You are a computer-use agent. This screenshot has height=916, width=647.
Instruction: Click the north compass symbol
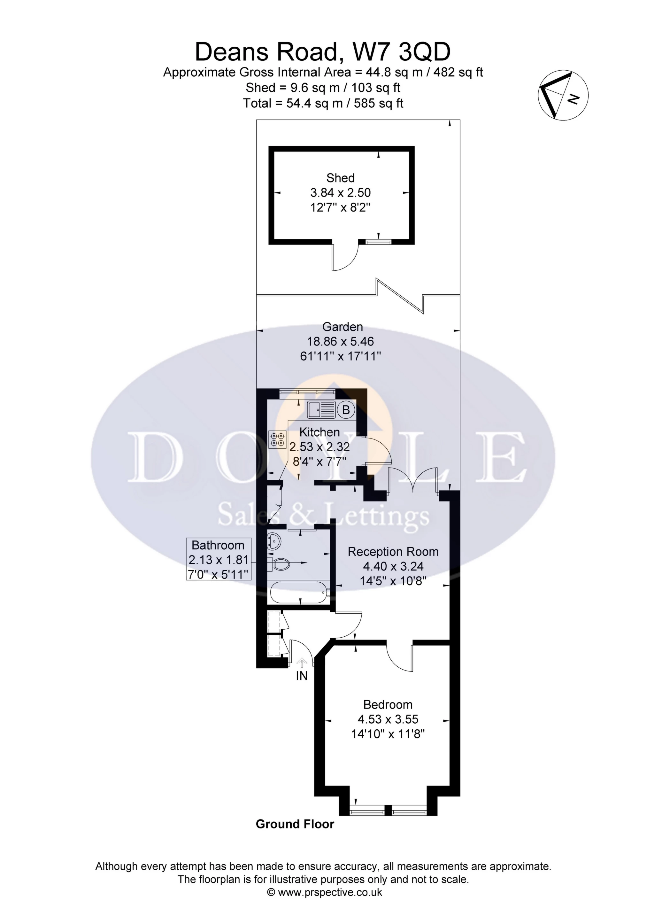tap(563, 96)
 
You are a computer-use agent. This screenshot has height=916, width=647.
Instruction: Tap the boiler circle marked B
tap(346, 410)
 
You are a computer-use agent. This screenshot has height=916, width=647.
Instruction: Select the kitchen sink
tap(321, 410)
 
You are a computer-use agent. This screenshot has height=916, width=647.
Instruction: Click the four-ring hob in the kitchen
tap(277, 439)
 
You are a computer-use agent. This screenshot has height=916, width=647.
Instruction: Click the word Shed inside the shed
tap(340, 178)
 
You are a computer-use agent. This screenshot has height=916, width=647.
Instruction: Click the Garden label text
tap(343, 327)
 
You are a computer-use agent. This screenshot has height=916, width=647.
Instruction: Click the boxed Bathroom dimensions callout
tap(219, 559)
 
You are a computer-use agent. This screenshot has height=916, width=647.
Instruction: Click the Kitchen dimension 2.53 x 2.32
tap(320, 446)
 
